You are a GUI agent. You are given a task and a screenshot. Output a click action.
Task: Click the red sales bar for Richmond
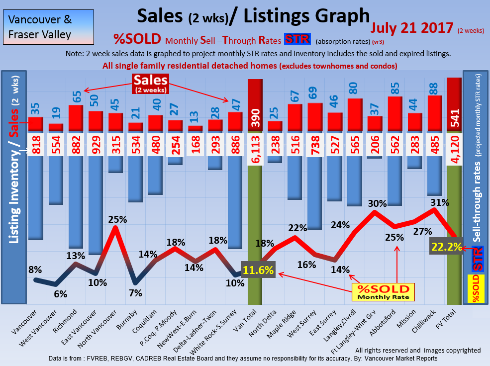tap(76, 118)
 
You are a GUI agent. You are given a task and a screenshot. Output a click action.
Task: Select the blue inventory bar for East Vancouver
tap(96, 204)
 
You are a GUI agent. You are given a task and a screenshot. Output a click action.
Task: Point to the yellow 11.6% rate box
tap(258, 271)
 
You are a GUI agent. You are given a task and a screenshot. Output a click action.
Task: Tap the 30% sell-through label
tap(377, 203)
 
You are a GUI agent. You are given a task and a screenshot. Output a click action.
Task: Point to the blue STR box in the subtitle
tap(297, 39)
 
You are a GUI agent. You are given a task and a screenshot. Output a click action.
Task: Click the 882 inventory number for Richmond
tap(76, 144)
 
